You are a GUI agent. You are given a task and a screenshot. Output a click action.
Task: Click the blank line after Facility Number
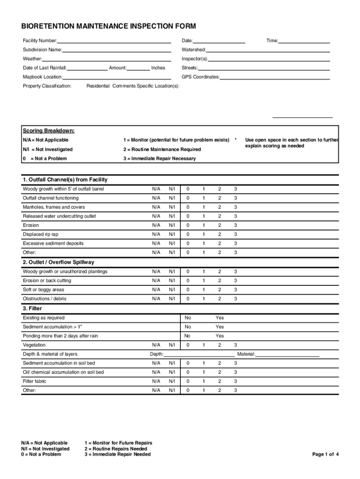(x=114, y=42)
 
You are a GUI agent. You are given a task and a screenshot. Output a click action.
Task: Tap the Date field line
(x=219, y=42)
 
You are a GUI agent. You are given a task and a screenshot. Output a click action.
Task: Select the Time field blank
(x=304, y=42)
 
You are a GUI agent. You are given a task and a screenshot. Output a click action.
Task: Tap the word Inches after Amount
(x=158, y=68)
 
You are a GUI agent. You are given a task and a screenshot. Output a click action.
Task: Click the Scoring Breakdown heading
(x=48, y=131)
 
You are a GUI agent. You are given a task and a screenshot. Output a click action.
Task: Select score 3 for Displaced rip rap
(x=236, y=234)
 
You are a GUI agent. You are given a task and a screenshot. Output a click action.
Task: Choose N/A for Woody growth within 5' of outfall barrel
(x=156, y=189)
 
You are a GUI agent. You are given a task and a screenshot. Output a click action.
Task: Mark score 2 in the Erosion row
(x=219, y=225)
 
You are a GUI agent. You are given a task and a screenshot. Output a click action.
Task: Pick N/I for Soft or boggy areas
(x=172, y=290)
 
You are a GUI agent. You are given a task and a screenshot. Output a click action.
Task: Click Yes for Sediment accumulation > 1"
(x=220, y=327)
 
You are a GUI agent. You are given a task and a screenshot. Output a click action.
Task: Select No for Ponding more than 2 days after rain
(x=187, y=336)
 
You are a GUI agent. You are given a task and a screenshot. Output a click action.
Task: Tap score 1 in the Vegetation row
(x=203, y=345)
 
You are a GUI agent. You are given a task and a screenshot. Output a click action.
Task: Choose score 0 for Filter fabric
(x=187, y=381)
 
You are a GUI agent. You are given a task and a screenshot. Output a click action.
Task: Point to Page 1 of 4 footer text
(x=325, y=454)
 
